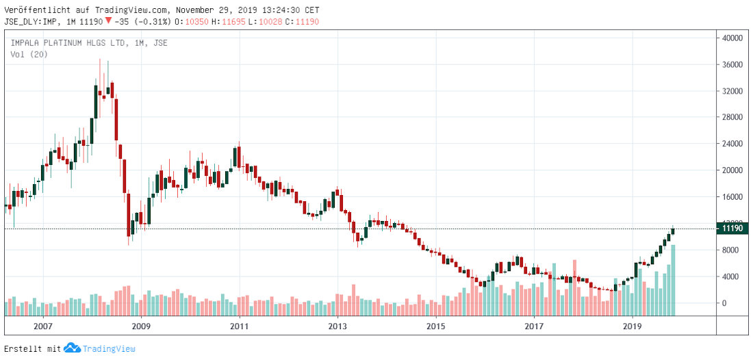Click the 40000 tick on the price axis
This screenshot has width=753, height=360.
(733, 38)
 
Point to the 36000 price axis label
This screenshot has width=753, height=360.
(733, 65)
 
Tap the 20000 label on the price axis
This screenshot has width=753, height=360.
(733, 170)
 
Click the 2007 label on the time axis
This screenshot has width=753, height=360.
(43, 327)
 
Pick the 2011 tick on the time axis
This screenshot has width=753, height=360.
(239, 327)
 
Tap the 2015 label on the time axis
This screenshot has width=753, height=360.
(436, 327)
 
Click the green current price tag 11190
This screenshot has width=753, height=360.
(732, 229)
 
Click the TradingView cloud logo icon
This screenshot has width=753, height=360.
(72, 348)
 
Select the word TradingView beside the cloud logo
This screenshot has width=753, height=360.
(109, 349)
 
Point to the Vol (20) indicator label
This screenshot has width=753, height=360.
(28, 54)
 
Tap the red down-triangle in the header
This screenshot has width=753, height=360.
(108, 21)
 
